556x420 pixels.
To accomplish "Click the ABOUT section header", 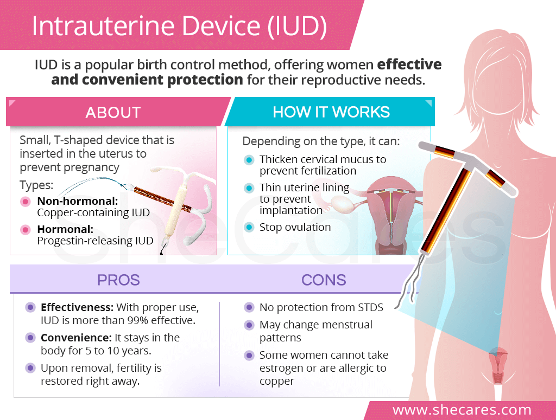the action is click(113, 113).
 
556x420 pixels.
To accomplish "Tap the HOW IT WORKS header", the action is click(331, 112).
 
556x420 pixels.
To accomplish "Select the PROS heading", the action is click(118, 280).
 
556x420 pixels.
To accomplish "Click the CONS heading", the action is click(324, 280).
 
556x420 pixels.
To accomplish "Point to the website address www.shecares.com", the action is click(462, 410).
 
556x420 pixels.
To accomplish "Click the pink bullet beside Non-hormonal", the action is click(25, 202).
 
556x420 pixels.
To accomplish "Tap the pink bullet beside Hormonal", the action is click(25, 230).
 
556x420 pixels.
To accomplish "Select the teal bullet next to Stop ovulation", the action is click(249, 227).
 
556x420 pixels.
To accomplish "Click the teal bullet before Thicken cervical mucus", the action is click(249, 160).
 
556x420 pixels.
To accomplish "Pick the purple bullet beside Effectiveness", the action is click(30, 307).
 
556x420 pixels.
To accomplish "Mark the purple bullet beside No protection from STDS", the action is click(249, 307).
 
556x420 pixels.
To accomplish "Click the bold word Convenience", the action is click(76, 338).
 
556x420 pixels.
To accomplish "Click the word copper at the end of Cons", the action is click(277, 382).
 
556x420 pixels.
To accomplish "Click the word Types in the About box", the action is click(36, 185).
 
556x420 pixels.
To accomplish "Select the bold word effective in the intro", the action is click(409, 64).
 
